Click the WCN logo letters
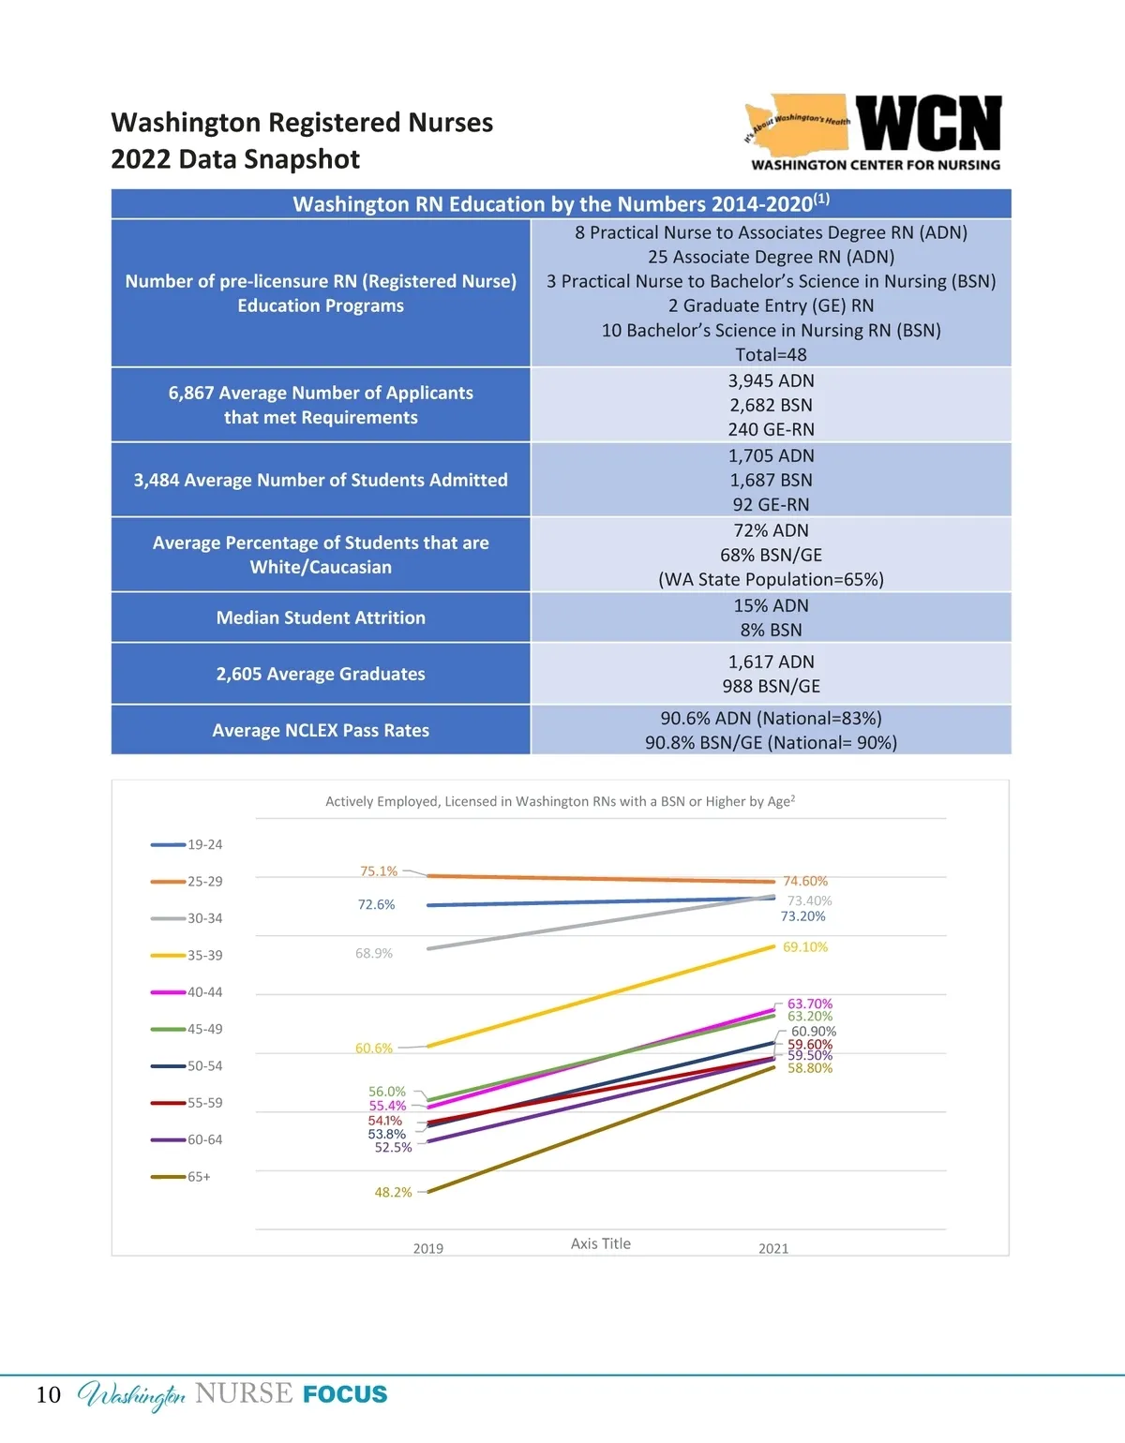point(929,124)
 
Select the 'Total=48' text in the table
point(771,355)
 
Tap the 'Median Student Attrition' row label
point(321,617)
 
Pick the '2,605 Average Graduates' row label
point(321,674)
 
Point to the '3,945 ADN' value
point(771,380)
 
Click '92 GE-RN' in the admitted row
point(771,504)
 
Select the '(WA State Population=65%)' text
point(771,579)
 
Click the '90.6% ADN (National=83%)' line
point(771,719)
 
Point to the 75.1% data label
point(379,871)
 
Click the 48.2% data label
point(393,1192)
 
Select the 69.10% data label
point(805,947)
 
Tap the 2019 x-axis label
point(427,1248)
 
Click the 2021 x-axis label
point(773,1248)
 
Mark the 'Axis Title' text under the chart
point(601,1243)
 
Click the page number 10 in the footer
point(48,1394)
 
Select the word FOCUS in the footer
point(345,1394)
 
